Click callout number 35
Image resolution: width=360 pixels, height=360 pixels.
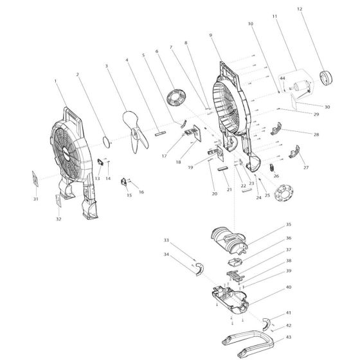(x=289, y=225)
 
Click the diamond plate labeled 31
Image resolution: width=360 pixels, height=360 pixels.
(x=34, y=179)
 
